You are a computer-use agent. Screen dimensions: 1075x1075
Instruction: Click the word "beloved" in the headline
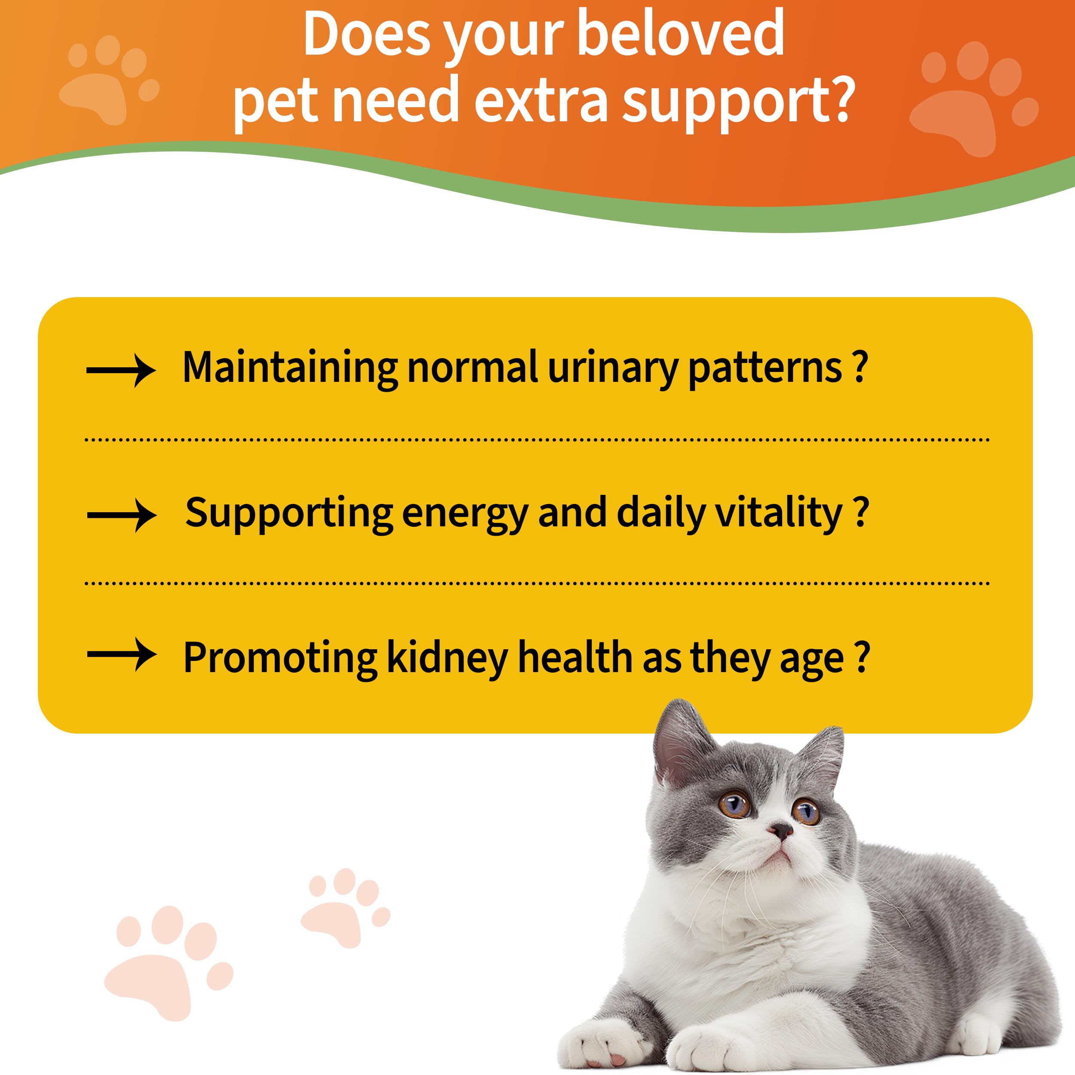(681, 34)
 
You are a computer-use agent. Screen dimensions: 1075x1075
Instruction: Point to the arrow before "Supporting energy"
(122, 515)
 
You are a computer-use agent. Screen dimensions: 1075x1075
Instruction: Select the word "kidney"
(447, 658)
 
